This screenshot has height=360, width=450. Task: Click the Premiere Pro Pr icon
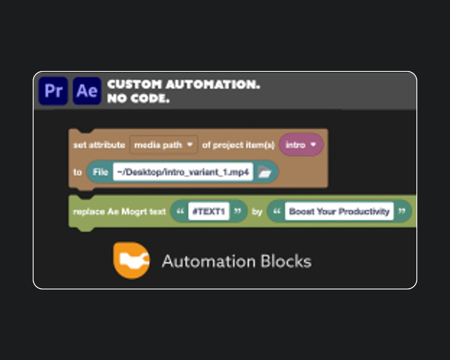tap(53, 91)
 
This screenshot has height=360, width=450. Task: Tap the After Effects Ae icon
tap(87, 91)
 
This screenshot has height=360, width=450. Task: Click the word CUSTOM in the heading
tap(135, 84)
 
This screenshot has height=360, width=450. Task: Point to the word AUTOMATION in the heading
tap(213, 84)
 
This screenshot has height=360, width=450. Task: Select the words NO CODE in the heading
tap(139, 98)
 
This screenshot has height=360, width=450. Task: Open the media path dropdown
tap(164, 145)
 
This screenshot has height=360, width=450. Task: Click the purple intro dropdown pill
tap(301, 145)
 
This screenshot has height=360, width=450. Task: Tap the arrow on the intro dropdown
tap(314, 145)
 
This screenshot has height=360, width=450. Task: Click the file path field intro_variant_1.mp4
tap(183, 172)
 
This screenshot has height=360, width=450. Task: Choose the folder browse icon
tap(264, 172)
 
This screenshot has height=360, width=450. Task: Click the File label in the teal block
tap(100, 172)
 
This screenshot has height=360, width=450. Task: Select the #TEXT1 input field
tap(209, 211)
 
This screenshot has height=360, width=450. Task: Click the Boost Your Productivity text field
tap(339, 211)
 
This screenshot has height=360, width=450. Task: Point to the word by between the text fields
tap(257, 212)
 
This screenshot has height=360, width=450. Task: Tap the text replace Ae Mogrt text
tap(119, 212)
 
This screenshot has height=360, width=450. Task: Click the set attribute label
tap(99, 145)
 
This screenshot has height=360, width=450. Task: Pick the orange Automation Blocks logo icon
tap(131, 260)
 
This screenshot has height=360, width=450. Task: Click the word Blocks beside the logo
tap(286, 261)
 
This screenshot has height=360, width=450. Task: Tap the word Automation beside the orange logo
tap(209, 261)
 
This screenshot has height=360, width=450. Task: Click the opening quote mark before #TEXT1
tap(180, 211)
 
